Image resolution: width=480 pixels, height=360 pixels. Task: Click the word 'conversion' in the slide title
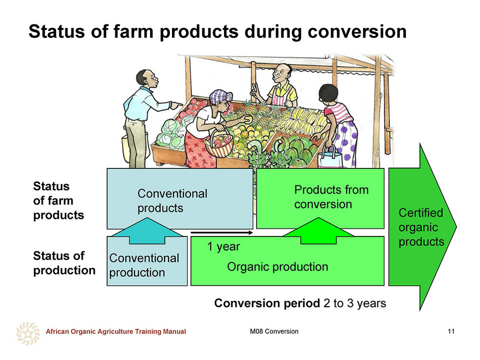(x=357, y=31)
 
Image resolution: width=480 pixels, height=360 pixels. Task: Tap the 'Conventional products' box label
(x=172, y=201)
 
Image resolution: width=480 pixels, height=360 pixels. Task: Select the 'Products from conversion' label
(x=331, y=197)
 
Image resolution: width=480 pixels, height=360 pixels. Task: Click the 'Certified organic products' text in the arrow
(x=421, y=227)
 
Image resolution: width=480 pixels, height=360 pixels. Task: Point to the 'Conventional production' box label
(x=144, y=265)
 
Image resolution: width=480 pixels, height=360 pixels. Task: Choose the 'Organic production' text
(x=277, y=266)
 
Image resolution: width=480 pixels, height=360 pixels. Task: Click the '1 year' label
(x=223, y=246)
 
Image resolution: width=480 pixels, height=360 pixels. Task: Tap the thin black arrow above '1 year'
(x=222, y=232)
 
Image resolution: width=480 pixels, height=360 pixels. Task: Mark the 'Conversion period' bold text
(x=267, y=303)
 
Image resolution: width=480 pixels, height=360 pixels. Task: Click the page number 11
(x=451, y=331)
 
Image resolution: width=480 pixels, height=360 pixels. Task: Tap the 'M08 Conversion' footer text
(x=274, y=331)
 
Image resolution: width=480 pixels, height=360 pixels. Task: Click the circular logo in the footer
(x=28, y=333)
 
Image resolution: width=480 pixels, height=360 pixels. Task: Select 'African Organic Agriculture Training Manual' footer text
(x=115, y=331)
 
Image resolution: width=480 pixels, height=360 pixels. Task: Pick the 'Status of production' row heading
(x=64, y=263)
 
